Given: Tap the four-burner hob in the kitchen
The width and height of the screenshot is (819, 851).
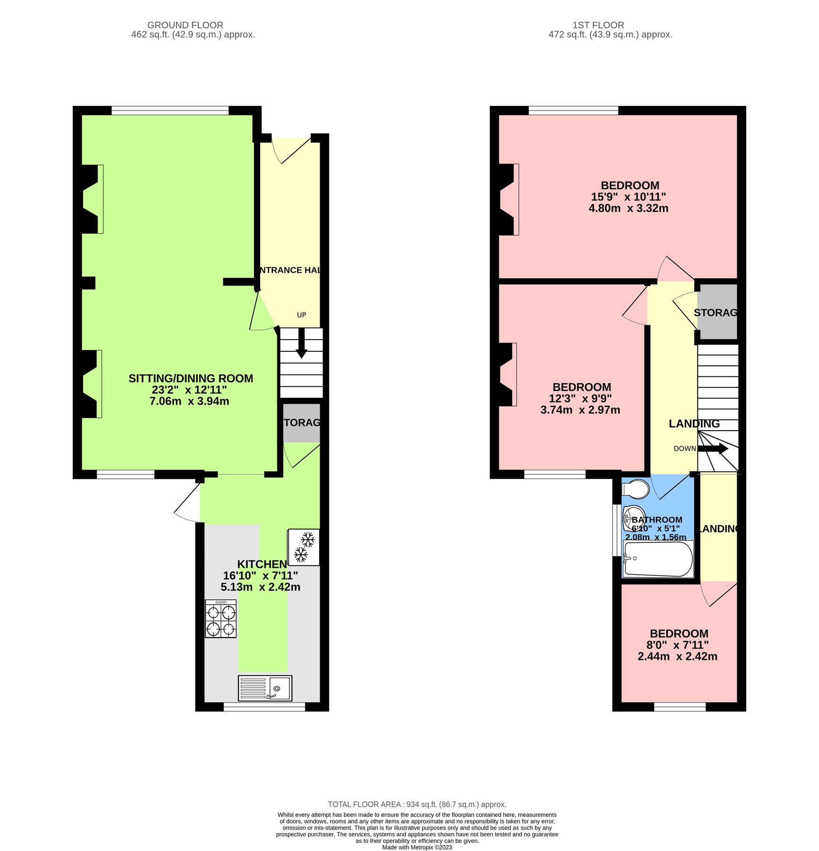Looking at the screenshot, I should [x=221, y=619].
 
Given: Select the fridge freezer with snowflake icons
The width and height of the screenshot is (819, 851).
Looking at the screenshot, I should [x=304, y=547].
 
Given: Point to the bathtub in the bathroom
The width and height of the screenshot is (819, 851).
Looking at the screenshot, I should [x=658, y=559].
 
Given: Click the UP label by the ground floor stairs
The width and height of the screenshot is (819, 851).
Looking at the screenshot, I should [x=301, y=315].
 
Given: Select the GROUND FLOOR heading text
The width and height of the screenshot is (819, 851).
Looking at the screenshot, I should [x=185, y=25].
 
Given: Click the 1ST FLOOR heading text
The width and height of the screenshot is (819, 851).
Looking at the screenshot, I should [x=598, y=25].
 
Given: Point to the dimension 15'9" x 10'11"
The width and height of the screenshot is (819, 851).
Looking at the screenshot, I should [x=628, y=197].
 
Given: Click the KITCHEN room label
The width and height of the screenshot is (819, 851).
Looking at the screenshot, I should [x=261, y=564].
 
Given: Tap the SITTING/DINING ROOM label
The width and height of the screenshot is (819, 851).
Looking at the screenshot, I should [x=191, y=378].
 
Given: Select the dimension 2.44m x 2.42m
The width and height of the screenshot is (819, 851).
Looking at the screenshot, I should [x=677, y=656].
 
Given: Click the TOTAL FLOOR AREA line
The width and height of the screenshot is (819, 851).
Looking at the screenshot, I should [x=417, y=804].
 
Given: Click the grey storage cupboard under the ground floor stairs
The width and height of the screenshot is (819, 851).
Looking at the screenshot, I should [x=301, y=423].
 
